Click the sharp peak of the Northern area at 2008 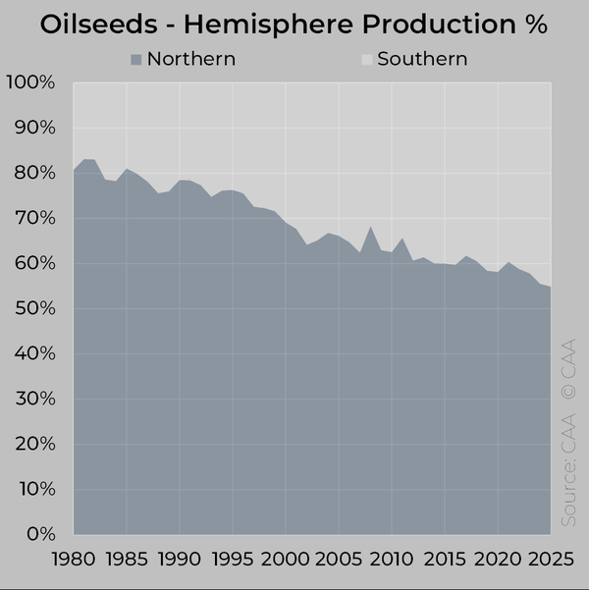tap(369, 227)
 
